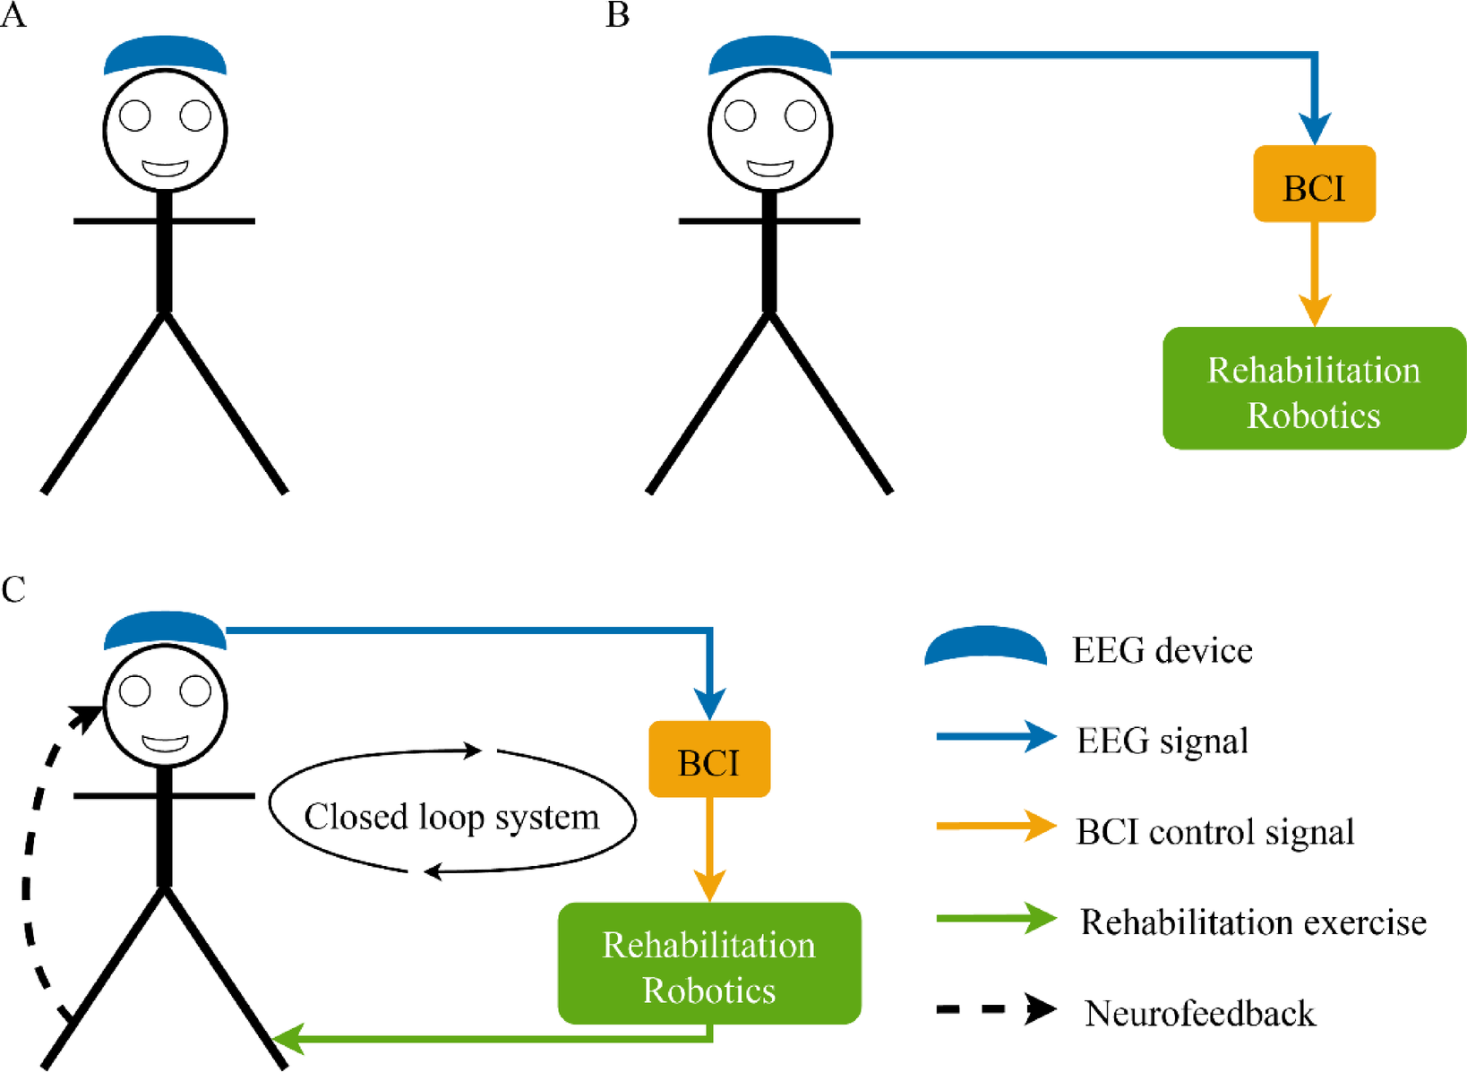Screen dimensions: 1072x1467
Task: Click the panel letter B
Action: pyautogui.click(x=617, y=15)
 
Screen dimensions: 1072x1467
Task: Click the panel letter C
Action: pyautogui.click(x=13, y=590)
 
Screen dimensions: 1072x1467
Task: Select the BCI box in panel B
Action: pyautogui.click(x=1314, y=184)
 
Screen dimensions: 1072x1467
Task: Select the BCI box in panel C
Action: pyautogui.click(x=709, y=759)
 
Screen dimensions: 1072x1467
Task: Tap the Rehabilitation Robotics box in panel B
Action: pyautogui.click(x=1314, y=389)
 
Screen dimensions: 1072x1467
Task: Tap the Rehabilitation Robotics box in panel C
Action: pyautogui.click(x=709, y=964)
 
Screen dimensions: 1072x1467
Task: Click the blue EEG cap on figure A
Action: pyautogui.click(x=165, y=56)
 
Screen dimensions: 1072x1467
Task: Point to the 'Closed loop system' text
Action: pyautogui.click(x=451, y=817)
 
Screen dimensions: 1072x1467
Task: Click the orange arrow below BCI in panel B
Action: pyautogui.click(x=1314, y=269)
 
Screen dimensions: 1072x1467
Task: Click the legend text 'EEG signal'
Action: pyautogui.click(x=1162, y=741)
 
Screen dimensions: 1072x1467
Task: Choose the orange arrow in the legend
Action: pyautogui.click(x=996, y=827)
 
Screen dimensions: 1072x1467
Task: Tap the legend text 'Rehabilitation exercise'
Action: pyautogui.click(x=1253, y=922)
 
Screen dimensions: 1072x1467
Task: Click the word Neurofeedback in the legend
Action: pyautogui.click(x=1200, y=1013)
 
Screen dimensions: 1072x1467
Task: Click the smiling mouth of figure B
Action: pyautogui.click(x=770, y=168)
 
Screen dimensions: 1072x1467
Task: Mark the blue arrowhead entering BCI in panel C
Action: pyautogui.click(x=710, y=703)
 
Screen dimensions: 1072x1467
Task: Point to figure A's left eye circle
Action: pyautogui.click(x=135, y=116)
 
